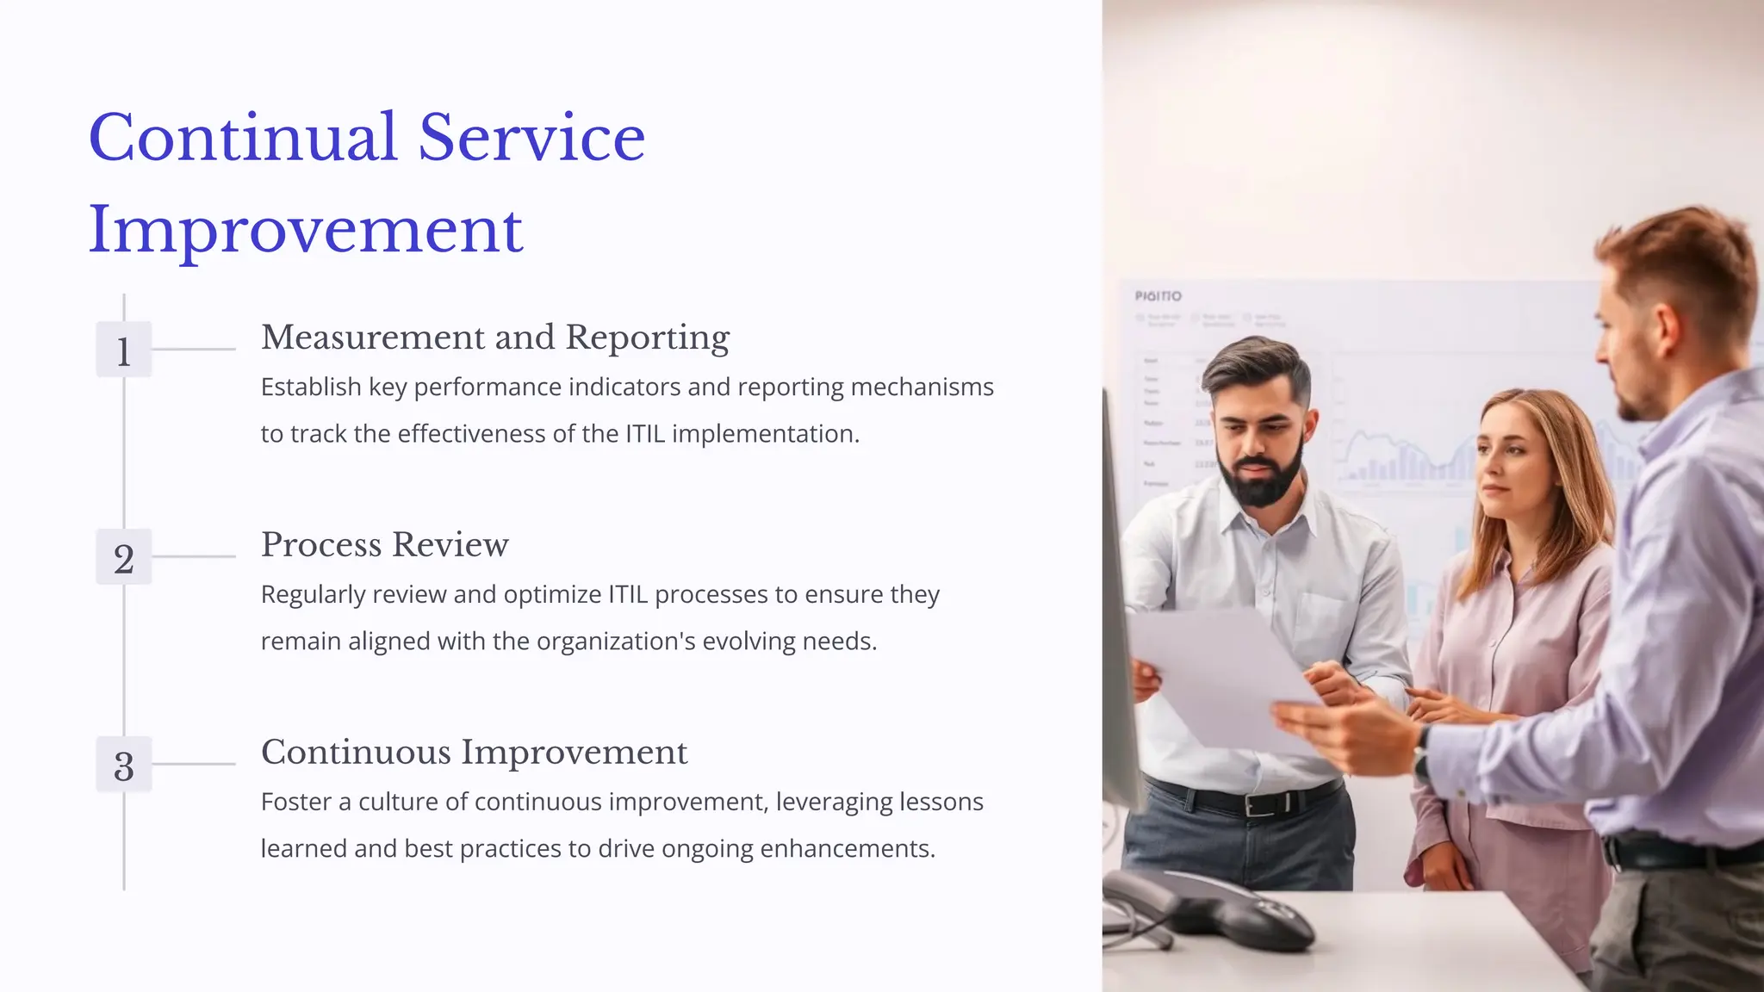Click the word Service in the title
click(531, 138)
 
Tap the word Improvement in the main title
click(306, 231)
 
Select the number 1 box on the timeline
click(124, 350)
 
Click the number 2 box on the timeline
click(124, 558)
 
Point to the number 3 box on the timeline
click(124, 766)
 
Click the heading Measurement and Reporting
click(495, 338)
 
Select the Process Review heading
click(384, 545)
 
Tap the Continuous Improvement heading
click(474, 753)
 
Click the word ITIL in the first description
click(645, 434)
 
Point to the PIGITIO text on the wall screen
click(1158, 296)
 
